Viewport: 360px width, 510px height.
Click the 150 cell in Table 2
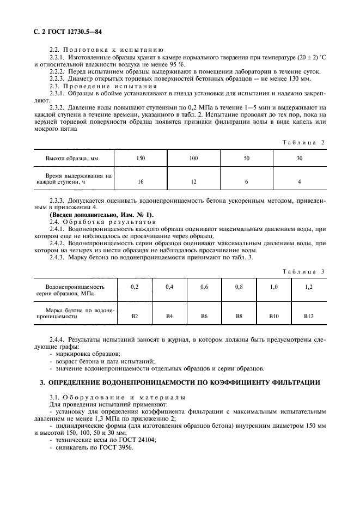141,158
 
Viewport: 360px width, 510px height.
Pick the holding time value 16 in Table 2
141,181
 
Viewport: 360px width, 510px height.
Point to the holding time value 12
194,181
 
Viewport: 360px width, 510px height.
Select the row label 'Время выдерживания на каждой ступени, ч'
74,178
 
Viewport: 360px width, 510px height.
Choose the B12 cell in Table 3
309,315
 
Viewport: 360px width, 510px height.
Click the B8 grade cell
239,315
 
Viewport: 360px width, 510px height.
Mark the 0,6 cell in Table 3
204,286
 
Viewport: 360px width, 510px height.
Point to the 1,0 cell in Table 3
274,286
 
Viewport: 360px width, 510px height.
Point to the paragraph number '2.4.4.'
58,339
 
